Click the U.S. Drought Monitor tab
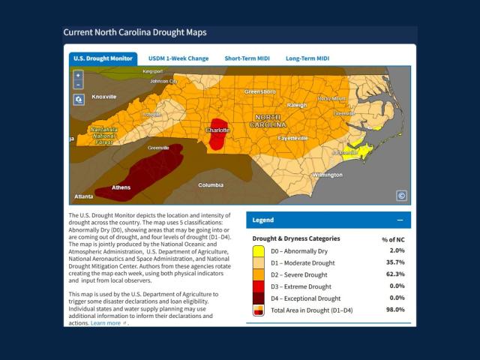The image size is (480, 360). pos(103,58)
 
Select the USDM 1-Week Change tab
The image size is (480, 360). pos(178,58)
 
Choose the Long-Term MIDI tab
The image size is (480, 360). pos(307,58)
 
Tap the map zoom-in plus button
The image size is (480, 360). pos(79,76)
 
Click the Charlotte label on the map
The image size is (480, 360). pos(217,130)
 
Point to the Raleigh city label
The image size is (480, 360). pos(297,106)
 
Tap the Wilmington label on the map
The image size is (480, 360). pos(326,175)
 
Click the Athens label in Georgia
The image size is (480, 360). pos(120,187)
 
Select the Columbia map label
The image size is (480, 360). pos(210,184)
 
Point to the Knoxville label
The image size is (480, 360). pos(104,97)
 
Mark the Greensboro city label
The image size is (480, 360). pos(259,91)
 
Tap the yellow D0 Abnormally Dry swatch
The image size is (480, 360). pos(258,250)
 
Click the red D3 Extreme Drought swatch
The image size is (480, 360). pos(258,286)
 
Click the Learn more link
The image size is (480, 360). pos(106,322)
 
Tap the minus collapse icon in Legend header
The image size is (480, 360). pos(400,220)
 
